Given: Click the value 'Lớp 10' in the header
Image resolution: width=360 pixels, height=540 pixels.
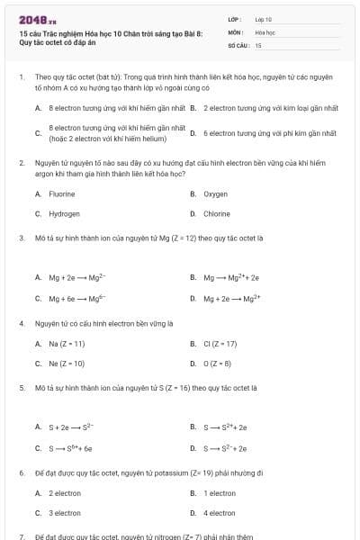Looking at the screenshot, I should coord(264,18).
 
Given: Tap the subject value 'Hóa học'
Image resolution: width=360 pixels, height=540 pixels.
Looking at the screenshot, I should coord(265,31).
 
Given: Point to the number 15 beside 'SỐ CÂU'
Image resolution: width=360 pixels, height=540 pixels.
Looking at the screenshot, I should coord(258,44).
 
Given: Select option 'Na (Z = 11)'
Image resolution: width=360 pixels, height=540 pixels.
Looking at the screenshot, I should coord(67,343).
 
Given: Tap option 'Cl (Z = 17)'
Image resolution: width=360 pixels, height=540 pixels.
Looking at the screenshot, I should coord(220,343).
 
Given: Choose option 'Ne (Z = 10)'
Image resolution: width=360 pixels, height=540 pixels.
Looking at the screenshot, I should coord(67,364).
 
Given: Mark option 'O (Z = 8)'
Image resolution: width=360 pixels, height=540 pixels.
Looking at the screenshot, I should coord(217,364).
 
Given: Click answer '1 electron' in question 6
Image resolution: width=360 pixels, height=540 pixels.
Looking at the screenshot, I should coord(220,493).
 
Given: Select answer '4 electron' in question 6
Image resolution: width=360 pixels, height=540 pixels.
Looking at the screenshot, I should coord(220,513).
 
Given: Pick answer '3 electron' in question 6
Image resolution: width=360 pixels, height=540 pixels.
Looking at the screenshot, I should coord(65,513).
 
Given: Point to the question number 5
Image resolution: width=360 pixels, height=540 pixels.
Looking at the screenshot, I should coord(21,387).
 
